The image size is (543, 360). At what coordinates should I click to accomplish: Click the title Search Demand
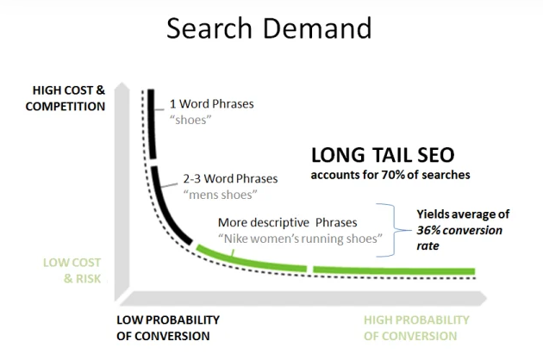tap(269, 28)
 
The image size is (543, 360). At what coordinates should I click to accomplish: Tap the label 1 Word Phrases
tap(211, 104)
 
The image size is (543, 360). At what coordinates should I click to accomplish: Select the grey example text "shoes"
tap(190, 120)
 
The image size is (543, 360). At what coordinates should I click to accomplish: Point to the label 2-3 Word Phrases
tap(230, 178)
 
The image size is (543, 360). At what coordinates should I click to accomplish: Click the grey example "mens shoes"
tap(221, 195)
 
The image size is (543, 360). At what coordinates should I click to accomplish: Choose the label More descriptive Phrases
tap(287, 222)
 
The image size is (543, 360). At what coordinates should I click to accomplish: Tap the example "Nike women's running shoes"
tap(300, 239)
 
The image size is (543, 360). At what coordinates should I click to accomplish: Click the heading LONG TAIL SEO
tap(383, 155)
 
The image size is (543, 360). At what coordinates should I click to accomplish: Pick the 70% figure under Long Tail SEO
tap(393, 175)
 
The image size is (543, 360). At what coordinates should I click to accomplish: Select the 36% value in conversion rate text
tap(428, 230)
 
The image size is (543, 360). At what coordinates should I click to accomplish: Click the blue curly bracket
tap(394, 230)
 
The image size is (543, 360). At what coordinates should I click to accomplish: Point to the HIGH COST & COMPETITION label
tap(66, 98)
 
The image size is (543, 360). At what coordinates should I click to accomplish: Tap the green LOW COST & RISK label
tap(72, 270)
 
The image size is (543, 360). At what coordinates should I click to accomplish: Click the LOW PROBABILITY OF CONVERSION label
tap(168, 328)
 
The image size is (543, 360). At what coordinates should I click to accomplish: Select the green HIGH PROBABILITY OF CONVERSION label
tap(416, 328)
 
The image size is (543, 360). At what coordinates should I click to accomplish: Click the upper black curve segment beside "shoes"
tap(152, 124)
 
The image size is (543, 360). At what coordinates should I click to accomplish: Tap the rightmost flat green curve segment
tap(394, 270)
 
